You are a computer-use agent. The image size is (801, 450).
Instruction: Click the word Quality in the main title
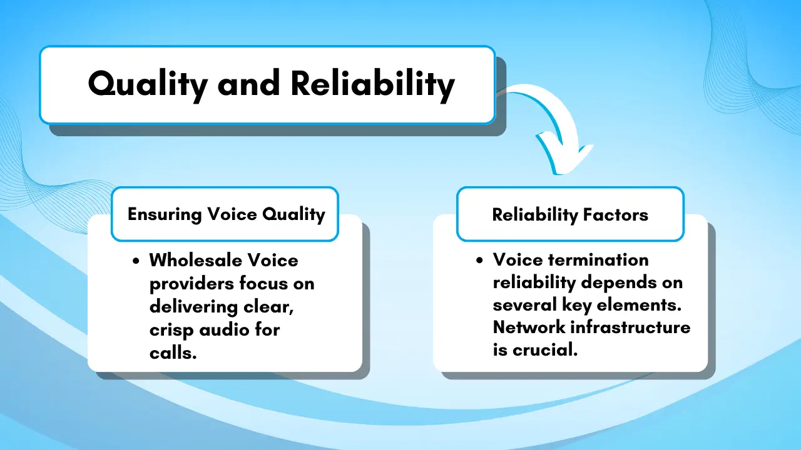148,85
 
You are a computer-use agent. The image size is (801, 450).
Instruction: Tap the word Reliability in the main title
372,85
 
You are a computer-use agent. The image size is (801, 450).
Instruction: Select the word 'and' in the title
249,84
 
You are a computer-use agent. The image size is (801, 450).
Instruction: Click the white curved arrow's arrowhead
565,154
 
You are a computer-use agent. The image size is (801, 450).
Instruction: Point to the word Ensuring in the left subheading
165,214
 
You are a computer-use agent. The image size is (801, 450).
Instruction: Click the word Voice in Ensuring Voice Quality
232,214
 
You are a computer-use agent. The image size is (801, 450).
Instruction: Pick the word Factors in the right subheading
615,214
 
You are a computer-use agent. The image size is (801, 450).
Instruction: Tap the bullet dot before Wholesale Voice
136,261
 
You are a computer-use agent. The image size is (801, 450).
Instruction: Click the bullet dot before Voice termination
479,260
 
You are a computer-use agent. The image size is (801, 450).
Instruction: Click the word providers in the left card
191,284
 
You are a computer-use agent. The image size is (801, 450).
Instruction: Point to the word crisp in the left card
171,331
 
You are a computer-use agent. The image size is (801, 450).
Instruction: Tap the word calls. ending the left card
173,353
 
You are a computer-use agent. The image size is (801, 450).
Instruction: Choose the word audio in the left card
224,329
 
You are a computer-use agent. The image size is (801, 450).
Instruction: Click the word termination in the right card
598,259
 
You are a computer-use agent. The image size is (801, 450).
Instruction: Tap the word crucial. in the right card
545,349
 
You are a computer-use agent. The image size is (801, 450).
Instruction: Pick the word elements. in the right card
640,304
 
